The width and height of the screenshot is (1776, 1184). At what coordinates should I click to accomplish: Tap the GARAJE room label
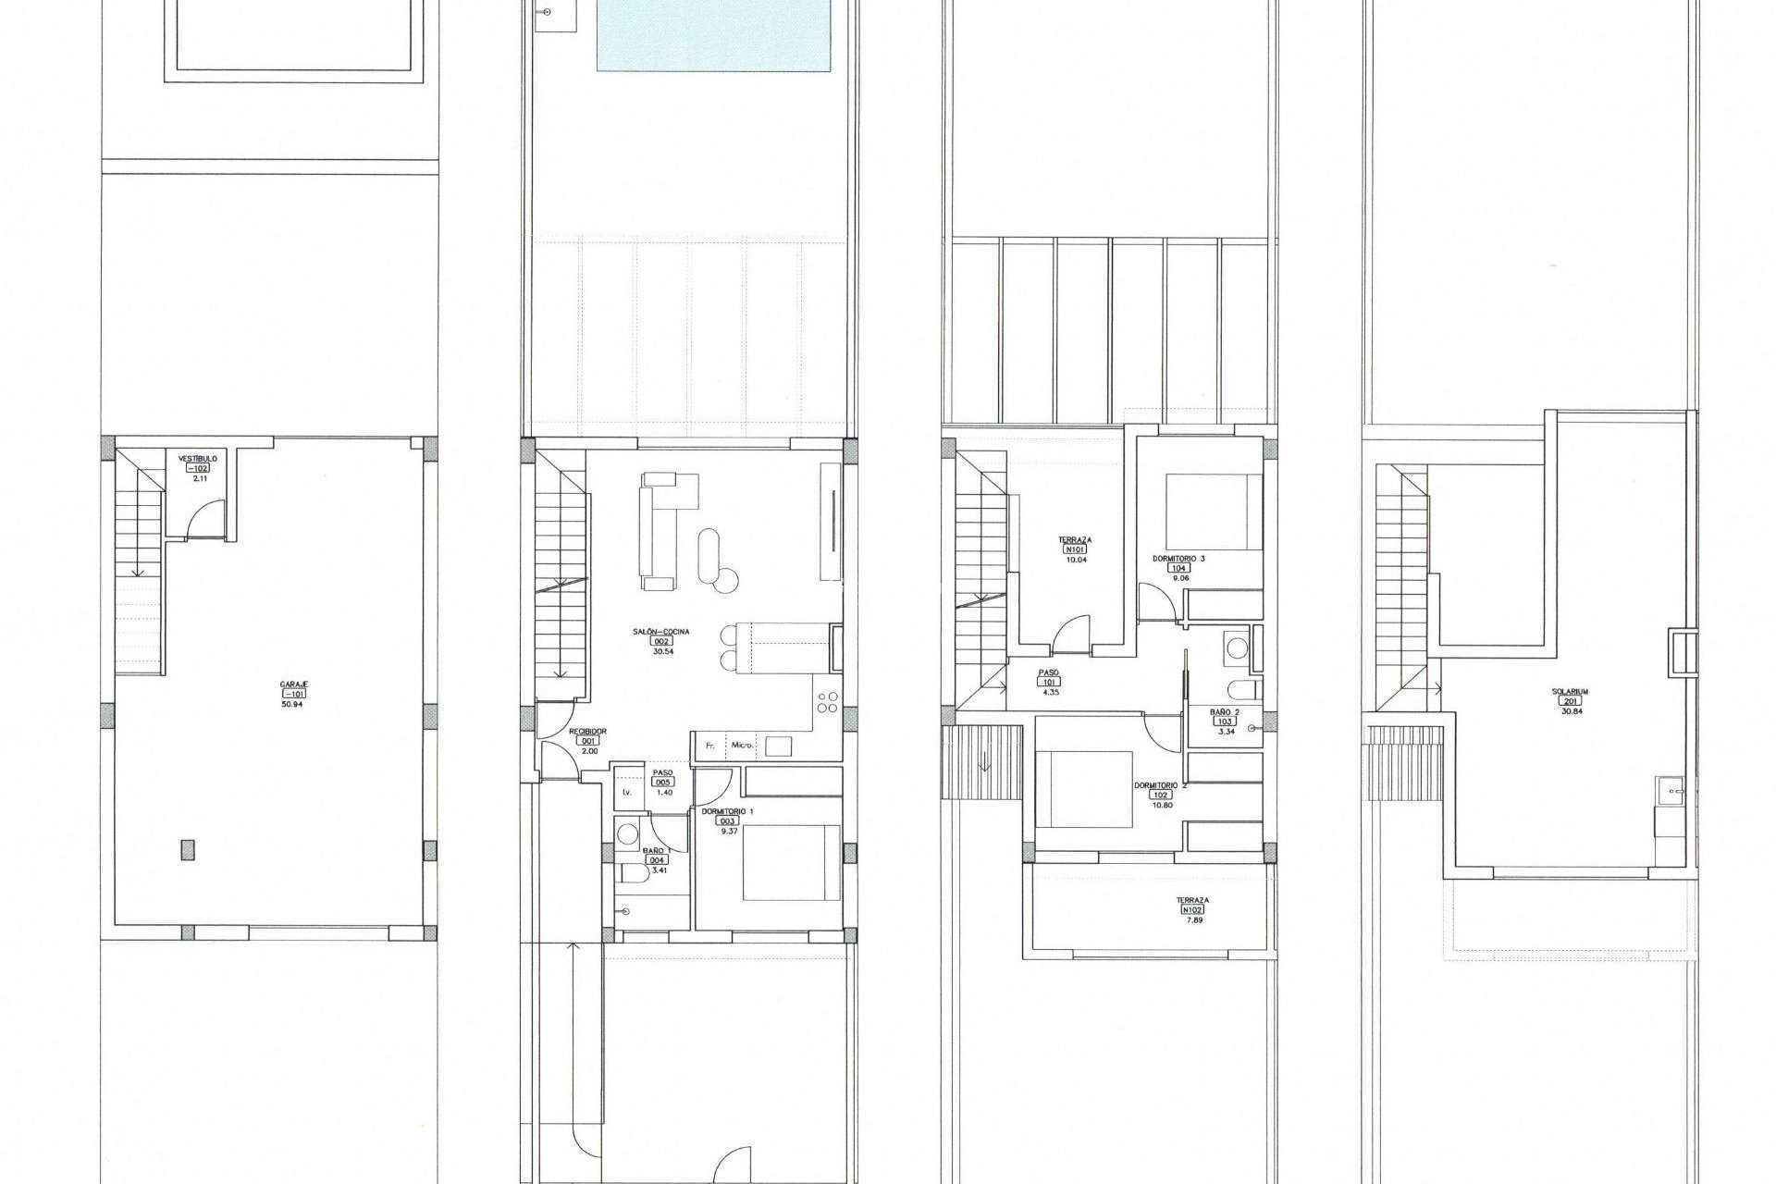[294, 684]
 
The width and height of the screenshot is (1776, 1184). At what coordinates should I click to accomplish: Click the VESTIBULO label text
[197, 458]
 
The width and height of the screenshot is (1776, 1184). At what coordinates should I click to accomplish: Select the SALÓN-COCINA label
[661, 632]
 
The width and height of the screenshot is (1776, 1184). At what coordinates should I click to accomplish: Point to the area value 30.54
[661, 651]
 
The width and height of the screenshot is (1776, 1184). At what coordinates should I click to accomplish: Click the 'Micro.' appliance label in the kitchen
[743, 745]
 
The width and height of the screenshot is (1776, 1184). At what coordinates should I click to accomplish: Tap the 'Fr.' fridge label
[710, 745]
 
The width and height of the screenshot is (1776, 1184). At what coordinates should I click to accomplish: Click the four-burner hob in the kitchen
[827, 703]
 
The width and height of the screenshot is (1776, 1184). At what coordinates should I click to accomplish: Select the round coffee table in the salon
[727, 579]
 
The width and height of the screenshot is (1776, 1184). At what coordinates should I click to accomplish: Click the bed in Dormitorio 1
[791, 862]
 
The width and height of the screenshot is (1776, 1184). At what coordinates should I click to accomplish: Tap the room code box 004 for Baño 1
[656, 860]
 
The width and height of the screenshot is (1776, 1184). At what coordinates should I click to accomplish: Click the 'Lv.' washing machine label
[627, 793]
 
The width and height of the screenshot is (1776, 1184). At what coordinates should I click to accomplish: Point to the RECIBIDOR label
[588, 731]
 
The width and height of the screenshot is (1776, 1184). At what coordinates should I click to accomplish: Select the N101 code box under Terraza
[1076, 549]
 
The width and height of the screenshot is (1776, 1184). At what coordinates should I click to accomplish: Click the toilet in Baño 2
[1243, 690]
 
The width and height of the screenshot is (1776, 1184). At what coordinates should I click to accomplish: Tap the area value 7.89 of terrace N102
[1192, 920]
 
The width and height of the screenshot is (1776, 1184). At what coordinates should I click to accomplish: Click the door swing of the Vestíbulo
[205, 520]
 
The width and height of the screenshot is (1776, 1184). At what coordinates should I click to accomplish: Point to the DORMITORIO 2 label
[1160, 785]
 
